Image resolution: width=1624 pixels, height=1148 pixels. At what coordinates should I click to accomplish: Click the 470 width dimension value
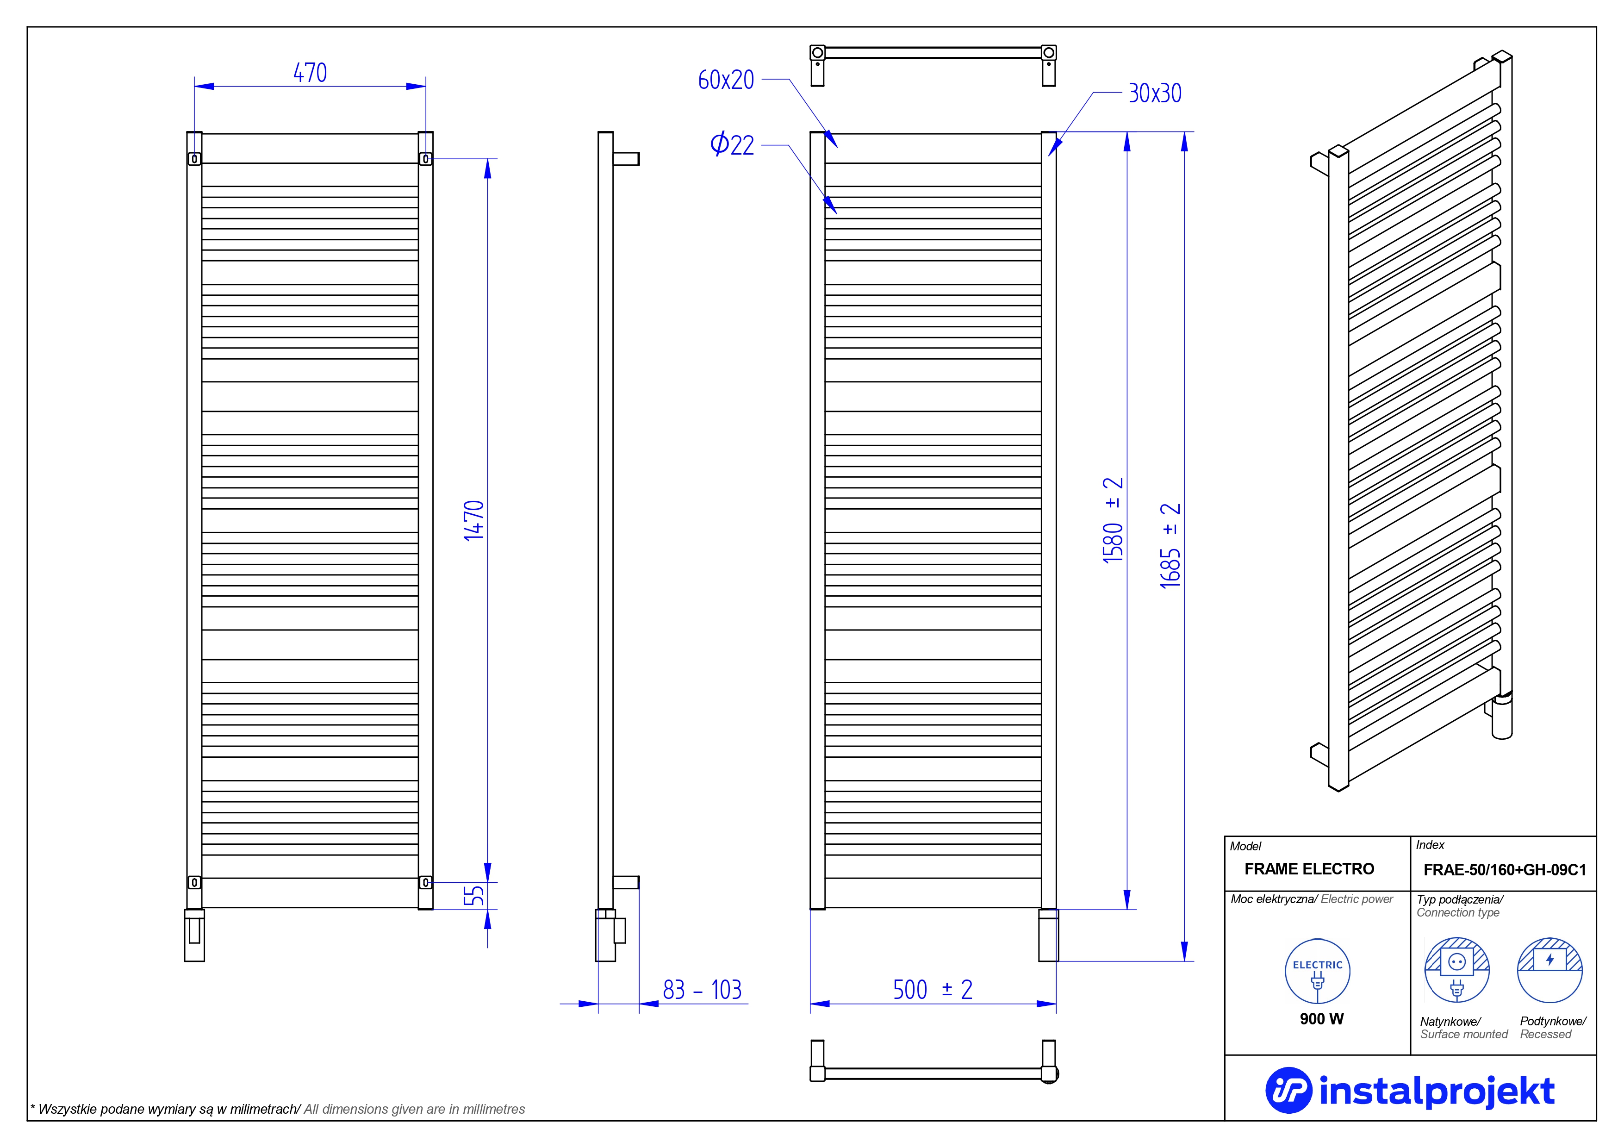pos(310,73)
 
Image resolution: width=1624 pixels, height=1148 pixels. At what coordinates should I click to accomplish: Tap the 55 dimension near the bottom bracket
pos(474,895)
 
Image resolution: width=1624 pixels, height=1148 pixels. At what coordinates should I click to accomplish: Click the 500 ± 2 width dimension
pos(932,990)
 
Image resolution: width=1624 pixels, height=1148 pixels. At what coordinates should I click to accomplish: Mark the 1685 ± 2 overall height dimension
pos(1170,545)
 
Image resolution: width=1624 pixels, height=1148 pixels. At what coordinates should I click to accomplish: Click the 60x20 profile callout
pos(726,80)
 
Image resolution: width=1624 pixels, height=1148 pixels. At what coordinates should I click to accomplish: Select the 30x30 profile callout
pos(1154,94)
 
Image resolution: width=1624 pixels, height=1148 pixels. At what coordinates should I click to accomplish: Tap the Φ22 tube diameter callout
pos(732,145)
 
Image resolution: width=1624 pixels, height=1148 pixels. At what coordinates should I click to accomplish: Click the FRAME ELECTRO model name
pos(1309,869)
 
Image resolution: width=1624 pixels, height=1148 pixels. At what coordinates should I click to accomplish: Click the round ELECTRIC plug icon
pos(1317,971)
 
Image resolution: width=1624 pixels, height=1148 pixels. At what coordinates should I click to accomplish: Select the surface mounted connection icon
pos(1456,970)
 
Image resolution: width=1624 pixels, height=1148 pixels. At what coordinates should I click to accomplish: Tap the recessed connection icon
pos(1550,970)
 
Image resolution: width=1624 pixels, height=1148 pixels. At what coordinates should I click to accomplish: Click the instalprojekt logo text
pos(1437,1092)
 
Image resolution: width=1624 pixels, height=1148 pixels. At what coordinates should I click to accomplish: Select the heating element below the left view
pos(194,935)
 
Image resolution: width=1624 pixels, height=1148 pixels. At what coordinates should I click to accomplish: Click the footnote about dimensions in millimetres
pos(277,1109)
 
